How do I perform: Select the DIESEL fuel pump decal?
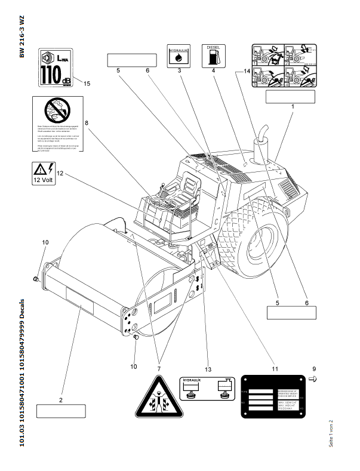click(213, 54)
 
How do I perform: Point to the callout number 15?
click(87, 84)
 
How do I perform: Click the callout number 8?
click(87, 124)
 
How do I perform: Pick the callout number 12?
click(60, 174)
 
